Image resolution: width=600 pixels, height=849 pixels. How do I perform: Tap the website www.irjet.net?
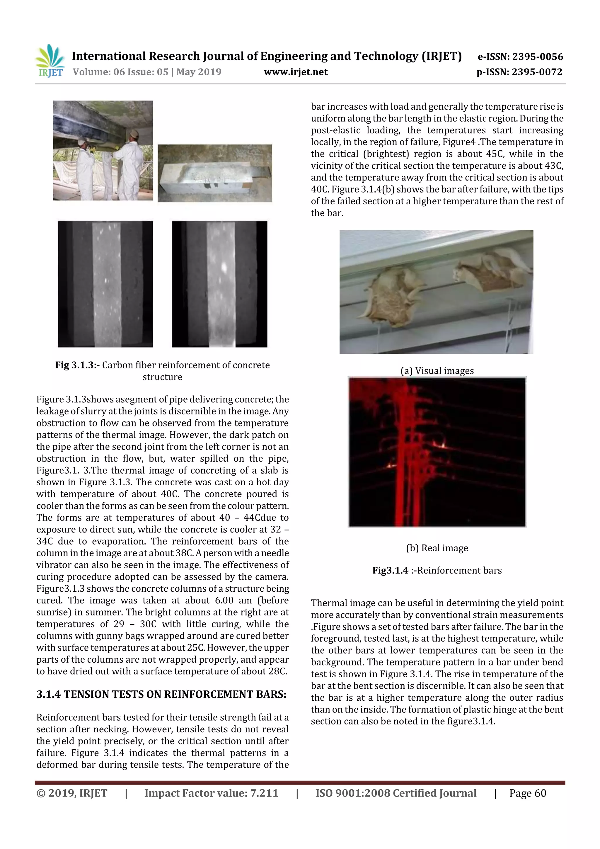tap(295, 72)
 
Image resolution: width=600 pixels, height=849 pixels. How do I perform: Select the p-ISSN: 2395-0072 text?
tap(519, 72)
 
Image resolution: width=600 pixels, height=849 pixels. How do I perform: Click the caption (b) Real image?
tap(437, 548)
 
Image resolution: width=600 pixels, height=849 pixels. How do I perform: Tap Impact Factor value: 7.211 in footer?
tap(211, 793)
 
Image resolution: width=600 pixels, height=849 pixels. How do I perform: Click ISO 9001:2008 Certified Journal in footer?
tap(396, 793)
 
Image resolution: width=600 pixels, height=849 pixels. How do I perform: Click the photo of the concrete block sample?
tap(214, 173)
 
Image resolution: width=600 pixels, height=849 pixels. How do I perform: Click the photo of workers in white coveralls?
tap(103, 151)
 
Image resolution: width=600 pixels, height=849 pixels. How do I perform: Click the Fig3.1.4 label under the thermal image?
tap(390, 570)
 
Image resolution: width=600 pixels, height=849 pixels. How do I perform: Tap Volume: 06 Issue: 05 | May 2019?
tap(147, 72)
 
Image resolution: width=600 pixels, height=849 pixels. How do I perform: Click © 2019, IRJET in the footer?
tap(72, 793)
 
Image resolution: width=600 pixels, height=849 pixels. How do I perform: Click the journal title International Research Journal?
tap(266, 56)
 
